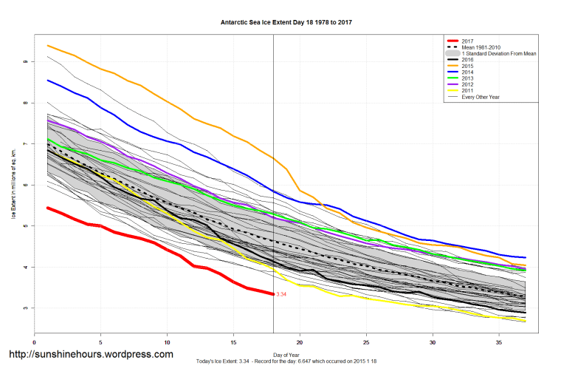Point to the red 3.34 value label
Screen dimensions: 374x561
click(281, 294)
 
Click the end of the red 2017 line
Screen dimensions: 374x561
click(274, 294)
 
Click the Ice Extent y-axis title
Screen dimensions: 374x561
click(13, 185)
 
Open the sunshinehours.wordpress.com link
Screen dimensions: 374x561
click(91, 354)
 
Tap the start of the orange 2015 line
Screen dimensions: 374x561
click(48, 46)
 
